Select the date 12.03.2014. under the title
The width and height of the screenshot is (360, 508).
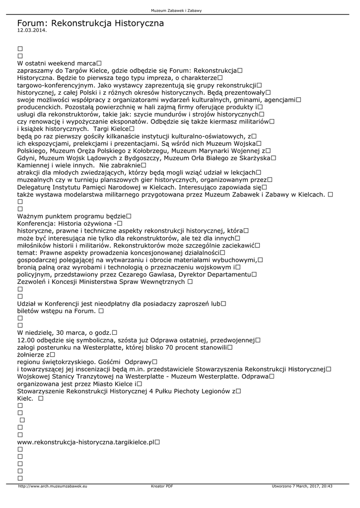tap(32, 31)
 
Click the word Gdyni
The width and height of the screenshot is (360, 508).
tap(26, 158)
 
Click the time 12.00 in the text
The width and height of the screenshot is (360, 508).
tap(25, 340)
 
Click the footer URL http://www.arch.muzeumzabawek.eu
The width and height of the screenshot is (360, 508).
tap(53, 486)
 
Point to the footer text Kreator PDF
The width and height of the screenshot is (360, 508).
tap(162, 486)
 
